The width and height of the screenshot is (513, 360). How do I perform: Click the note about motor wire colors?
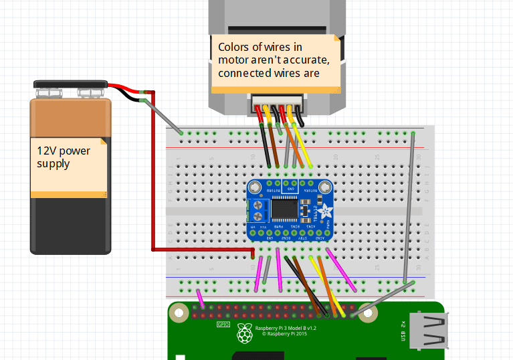click(x=276, y=60)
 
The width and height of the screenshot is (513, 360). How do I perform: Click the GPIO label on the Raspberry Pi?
click(x=223, y=325)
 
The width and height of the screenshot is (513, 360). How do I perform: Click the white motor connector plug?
click(x=276, y=102)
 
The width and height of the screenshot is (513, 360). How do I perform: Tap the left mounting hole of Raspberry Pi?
click(x=179, y=312)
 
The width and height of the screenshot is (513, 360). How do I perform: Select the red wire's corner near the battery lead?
click(x=153, y=92)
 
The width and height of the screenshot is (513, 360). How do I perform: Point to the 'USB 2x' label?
click(x=403, y=332)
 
